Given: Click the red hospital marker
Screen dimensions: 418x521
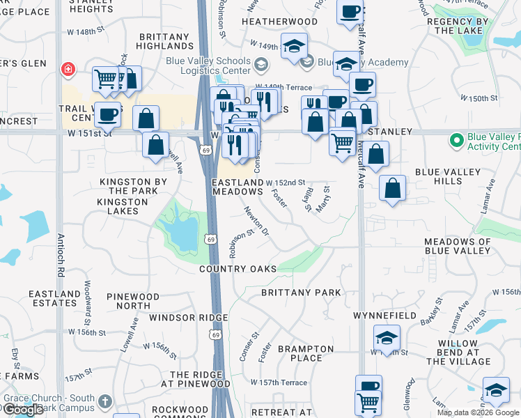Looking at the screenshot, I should (x=68, y=69).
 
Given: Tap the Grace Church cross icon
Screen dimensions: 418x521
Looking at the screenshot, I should (x=105, y=401).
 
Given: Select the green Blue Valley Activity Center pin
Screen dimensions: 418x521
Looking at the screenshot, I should (x=457, y=141).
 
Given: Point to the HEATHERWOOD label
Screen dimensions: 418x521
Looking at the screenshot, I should (x=279, y=22).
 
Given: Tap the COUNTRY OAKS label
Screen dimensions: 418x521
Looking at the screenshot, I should (x=238, y=269).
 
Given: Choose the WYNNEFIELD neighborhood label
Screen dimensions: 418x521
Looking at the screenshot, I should (x=384, y=316).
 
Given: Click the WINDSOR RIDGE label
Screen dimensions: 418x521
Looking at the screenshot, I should (x=188, y=318).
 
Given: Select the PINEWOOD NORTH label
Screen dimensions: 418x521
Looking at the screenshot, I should (x=133, y=301).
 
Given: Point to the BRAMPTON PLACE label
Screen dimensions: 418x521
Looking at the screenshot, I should (x=306, y=353).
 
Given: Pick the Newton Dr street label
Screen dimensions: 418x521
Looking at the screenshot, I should (x=256, y=220).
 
